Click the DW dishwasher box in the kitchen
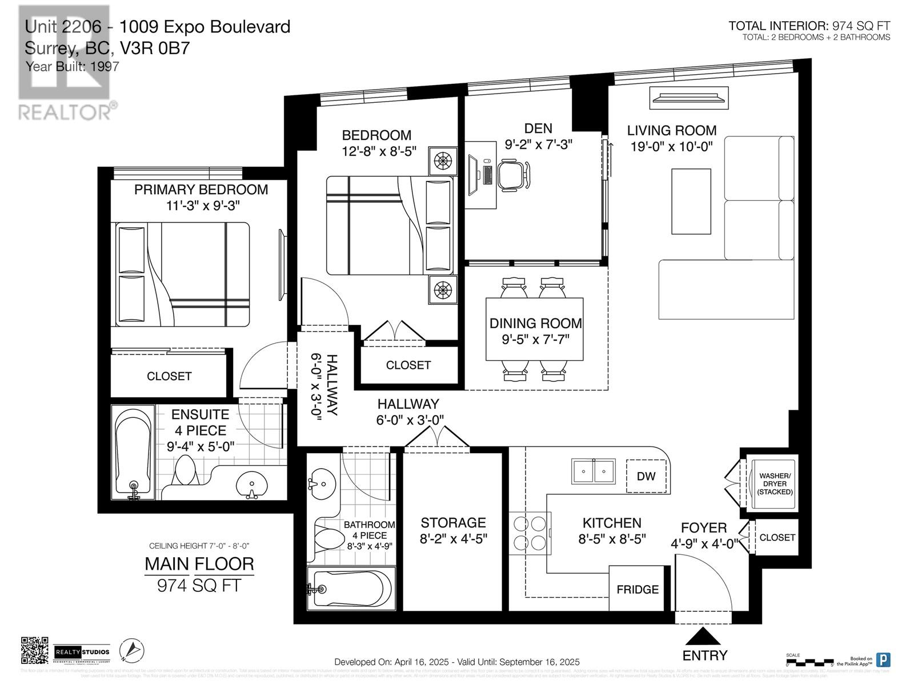(x=646, y=476)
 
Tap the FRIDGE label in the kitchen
(x=638, y=589)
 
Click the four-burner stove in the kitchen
(x=530, y=532)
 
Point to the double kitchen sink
(x=594, y=472)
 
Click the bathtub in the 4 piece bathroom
(x=350, y=589)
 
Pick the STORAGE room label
(x=453, y=522)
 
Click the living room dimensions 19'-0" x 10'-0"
(x=671, y=147)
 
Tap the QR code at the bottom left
(x=34, y=651)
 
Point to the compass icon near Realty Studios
(x=131, y=650)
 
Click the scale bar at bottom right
(x=809, y=663)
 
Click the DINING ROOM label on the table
(x=535, y=323)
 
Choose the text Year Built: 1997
(x=73, y=66)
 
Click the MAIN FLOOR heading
(x=199, y=564)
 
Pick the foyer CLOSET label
(x=777, y=537)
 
